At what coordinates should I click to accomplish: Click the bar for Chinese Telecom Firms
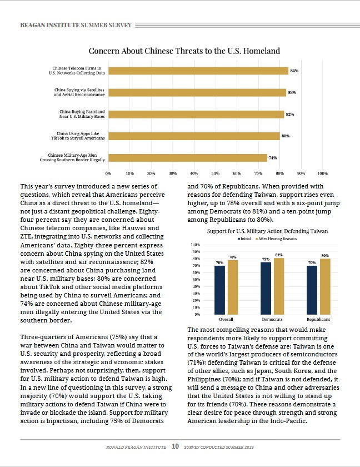(x=198, y=71)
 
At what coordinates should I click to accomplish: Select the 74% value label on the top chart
(x=273, y=158)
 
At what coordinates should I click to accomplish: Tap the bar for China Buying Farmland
(x=196, y=115)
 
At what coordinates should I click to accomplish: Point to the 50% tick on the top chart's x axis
(x=216, y=173)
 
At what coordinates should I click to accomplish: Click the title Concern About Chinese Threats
(x=184, y=51)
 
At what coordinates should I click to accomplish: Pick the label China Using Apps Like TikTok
(x=78, y=136)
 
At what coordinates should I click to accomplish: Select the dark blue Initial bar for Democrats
(x=266, y=289)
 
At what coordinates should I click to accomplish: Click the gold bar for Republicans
(x=325, y=286)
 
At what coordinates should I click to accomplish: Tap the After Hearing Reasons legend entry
(x=276, y=239)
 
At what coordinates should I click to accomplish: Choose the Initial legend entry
(x=244, y=239)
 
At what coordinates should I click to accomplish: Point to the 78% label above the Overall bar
(x=233, y=257)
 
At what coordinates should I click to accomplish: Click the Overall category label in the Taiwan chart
(x=226, y=319)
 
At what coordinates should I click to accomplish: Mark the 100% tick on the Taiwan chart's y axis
(x=195, y=245)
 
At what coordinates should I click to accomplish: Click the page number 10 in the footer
(x=175, y=446)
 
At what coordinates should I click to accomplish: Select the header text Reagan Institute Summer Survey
(x=76, y=26)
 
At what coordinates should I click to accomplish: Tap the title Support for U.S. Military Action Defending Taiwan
(x=267, y=231)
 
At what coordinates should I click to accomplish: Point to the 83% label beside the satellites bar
(x=292, y=93)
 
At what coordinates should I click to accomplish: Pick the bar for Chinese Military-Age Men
(x=188, y=158)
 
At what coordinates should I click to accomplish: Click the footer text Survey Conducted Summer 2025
(x=219, y=447)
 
